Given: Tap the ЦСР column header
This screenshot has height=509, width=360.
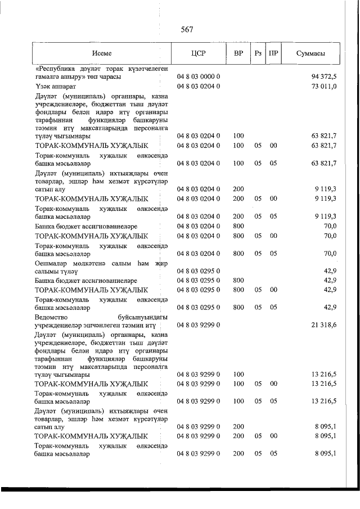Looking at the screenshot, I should (x=199, y=53).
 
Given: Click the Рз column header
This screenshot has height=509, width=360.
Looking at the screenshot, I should (x=258, y=53).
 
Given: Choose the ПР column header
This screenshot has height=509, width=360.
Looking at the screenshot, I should (x=273, y=53).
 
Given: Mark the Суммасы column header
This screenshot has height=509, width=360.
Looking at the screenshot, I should (x=310, y=53).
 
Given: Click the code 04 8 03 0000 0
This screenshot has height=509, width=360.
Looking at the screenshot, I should (x=199, y=76).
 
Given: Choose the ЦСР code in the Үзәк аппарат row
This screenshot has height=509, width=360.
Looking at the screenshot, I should (x=199, y=86).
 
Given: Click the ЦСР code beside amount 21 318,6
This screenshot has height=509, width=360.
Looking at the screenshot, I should (x=199, y=325).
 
